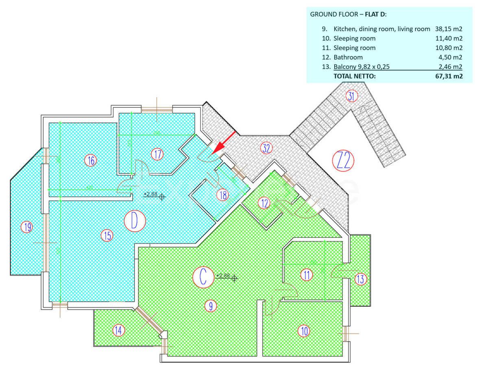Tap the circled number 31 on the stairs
(x=351, y=96)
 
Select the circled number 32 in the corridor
(x=266, y=148)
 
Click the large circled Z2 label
(x=344, y=160)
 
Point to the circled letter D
(x=135, y=221)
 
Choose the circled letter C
(x=203, y=277)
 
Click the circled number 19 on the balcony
(x=27, y=227)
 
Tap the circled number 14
(x=118, y=330)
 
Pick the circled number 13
(x=361, y=279)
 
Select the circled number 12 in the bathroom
(x=265, y=203)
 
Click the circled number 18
(x=222, y=195)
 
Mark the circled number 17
(x=157, y=154)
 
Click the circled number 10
(x=303, y=331)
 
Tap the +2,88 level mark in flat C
(x=226, y=276)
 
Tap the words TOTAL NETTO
(x=355, y=76)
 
